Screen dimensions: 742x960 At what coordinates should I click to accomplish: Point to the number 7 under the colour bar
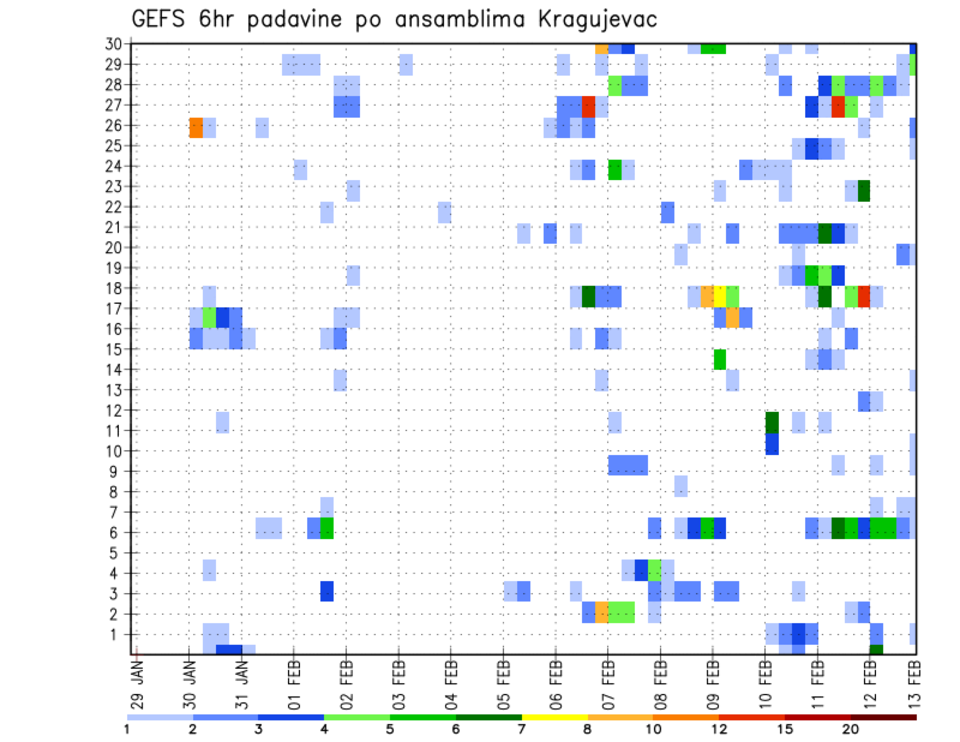522,728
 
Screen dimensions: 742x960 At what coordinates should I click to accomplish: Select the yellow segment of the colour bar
554,716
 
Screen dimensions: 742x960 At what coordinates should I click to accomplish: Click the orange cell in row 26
196,126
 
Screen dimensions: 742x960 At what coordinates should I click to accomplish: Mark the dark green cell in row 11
772,422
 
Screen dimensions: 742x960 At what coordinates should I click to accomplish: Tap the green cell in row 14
720,359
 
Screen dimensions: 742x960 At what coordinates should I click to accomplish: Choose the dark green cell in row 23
864,190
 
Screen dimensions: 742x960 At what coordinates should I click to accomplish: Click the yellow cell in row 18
720,295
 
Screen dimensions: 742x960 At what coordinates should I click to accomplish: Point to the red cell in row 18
864,295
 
